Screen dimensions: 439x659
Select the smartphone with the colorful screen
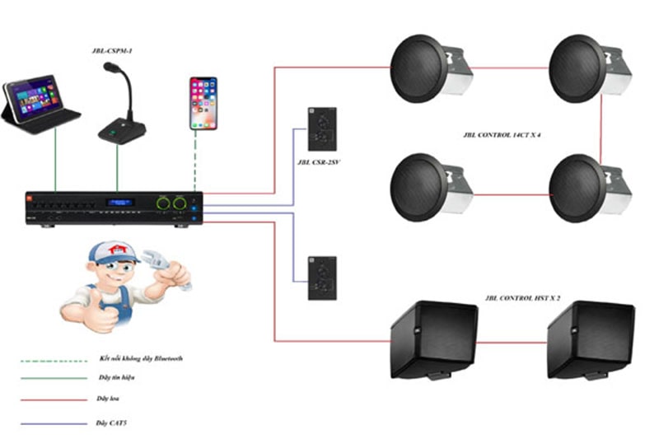click(203, 102)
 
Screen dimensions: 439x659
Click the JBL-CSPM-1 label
click(115, 52)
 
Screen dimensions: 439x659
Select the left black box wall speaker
click(433, 339)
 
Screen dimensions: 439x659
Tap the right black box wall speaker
click(590, 339)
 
